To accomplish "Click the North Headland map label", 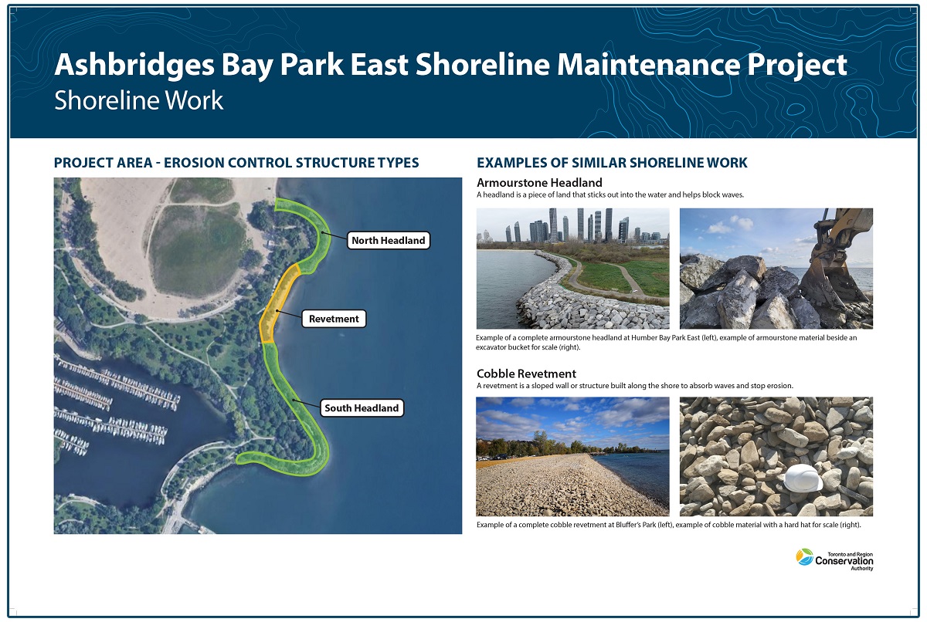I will [388, 241].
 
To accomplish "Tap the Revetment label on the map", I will [334, 319].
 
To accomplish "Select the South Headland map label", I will [362, 408].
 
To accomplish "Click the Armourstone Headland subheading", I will [539, 183].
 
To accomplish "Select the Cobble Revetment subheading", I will [526, 374].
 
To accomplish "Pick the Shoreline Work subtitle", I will [138, 100].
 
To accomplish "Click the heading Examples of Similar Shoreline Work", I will [612, 163].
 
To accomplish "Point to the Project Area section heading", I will [236, 163].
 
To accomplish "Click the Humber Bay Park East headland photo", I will [572, 269].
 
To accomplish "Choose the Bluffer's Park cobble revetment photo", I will [572, 456].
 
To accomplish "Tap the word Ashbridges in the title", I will [123, 65].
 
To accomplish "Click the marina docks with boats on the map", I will [116, 401].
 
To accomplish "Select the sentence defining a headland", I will [610, 195].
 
